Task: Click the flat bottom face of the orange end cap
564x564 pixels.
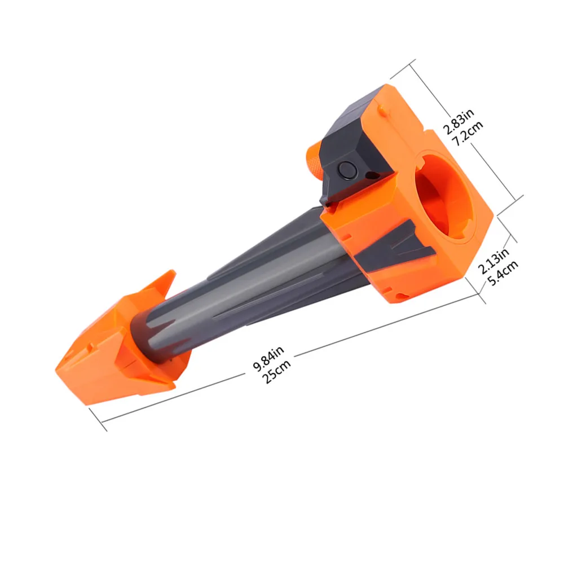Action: coord(113,384)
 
